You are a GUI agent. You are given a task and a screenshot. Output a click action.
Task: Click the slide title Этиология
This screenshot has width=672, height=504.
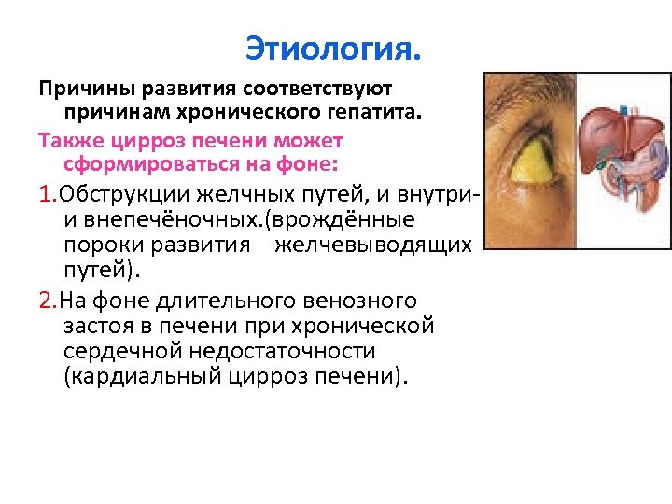(334, 46)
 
